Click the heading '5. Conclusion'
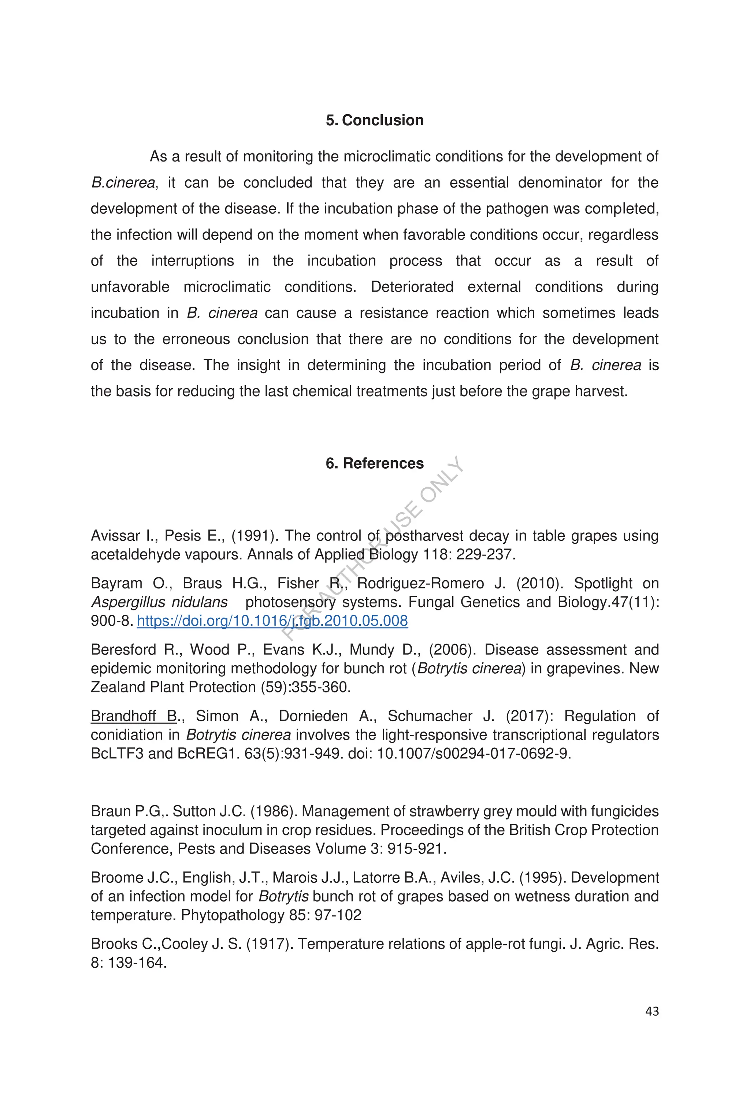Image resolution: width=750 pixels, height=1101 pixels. (x=374, y=120)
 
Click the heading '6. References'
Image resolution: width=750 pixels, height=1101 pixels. (x=374, y=463)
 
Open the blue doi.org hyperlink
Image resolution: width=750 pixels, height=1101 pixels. (x=272, y=621)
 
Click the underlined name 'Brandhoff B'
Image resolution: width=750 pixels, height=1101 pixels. (x=134, y=716)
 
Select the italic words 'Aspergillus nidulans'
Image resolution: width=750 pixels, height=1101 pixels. (x=159, y=602)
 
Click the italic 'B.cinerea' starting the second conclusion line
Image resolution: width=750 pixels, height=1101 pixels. (x=123, y=183)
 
